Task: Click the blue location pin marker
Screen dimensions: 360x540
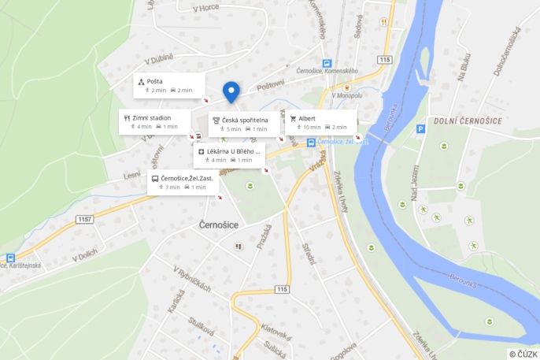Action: pyautogui.click(x=231, y=91)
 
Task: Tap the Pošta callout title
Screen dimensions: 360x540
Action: pyautogui.click(x=154, y=81)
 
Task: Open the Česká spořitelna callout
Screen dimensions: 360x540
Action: pyautogui.click(x=244, y=124)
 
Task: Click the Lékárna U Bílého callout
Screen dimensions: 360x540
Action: pyautogui.click(x=229, y=154)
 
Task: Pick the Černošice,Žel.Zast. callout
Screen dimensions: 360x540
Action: pyautogui.click(x=183, y=183)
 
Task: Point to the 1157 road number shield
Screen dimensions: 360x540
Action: pyautogui.click(x=85, y=218)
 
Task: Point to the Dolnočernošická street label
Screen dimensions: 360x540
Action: pyautogui.click(x=509, y=51)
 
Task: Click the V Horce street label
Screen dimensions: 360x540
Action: pyautogui.click(x=205, y=8)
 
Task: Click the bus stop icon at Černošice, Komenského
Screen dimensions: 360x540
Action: pyautogui.click(x=327, y=64)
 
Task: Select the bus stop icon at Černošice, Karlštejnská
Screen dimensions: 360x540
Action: pyautogui.click(x=10, y=258)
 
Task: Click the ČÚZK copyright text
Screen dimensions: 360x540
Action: pyautogui.click(x=523, y=354)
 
